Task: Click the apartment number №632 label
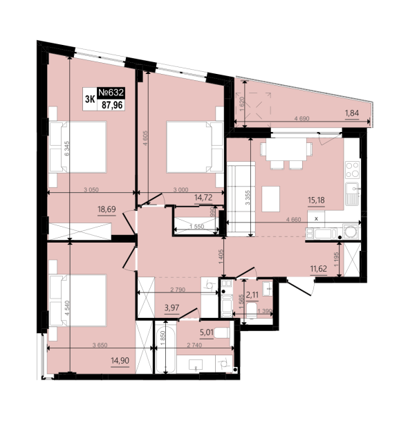click(x=111, y=93)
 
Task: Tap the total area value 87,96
click(x=112, y=104)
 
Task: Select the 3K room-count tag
click(x=90, y=99)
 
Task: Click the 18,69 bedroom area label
click(x=106, y=209)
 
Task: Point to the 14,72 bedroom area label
click(x=203, y=198)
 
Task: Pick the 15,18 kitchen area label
click(x=316, y=200)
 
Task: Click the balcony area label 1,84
click(x=352, y=113)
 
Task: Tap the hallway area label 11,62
click(x=319, y=269)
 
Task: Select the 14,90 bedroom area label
click(x=120, y=360)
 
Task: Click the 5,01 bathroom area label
click(x=207, y=332)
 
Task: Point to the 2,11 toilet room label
click(x=252, y=295)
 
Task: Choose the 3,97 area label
click(x=171, y=308)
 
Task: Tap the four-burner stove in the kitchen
click(x=353, y=170)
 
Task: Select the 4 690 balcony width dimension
click(x=301, y=118)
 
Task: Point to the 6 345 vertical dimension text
click(x=67, y=148)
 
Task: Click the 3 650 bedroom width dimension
click(x=100, y=345)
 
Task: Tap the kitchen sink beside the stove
click(x=353, y=194)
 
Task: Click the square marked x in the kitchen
click(x=316, y=219)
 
